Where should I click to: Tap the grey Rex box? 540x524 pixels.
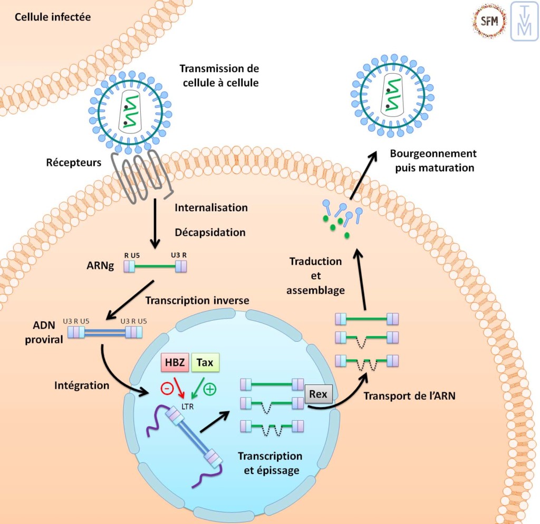pos(319,394)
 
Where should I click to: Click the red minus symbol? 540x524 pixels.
pos(167,389)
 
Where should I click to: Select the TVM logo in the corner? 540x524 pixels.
pos(524,21)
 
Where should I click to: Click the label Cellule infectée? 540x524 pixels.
pos(52,17)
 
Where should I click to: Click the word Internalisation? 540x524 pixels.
pos(211,207)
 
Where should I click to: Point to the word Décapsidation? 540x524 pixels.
pos(210,232)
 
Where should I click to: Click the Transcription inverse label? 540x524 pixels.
pos(197,300)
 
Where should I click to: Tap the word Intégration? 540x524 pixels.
pos(82,385)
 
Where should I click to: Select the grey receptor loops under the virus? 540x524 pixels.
pos(142,176)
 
